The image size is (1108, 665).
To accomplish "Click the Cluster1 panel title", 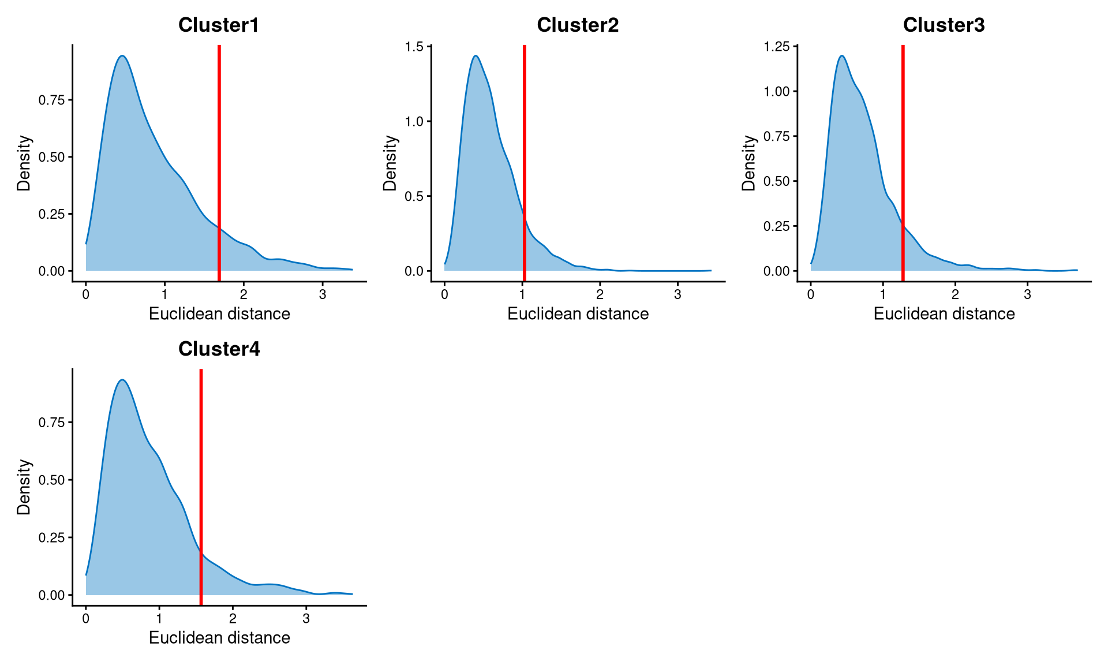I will pos(219,25).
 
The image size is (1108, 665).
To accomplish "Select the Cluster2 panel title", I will pos(578,25).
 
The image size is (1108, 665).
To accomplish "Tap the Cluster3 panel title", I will pos(944,25).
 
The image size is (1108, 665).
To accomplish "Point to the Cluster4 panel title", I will pos(219,349).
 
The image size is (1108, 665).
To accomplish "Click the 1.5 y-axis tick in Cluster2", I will pos(414,47).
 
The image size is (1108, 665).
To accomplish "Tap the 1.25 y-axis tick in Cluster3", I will pos(776,47).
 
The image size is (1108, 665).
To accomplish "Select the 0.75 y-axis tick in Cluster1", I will pos(51,100).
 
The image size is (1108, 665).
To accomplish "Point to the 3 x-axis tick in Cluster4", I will pos(306,619).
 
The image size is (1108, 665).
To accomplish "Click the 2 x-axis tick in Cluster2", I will pos(600,294).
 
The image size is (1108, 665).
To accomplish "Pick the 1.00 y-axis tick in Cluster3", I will pos(776,91).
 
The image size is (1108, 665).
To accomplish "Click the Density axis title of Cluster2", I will pos(391,163).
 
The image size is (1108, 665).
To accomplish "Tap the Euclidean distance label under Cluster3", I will pos(944,313).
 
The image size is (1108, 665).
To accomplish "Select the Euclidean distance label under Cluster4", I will pos(219,637).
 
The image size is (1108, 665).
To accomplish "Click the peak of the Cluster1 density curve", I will pos(122,56).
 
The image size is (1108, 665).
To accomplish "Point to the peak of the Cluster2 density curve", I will pos(476,56).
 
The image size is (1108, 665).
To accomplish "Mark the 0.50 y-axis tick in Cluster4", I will pos(51,480).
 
